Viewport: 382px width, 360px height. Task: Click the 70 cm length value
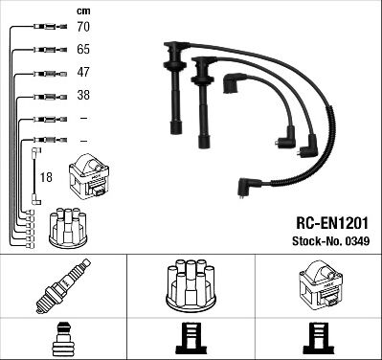click(x=83, y=27)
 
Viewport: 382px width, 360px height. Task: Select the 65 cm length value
click(x=83, y=50)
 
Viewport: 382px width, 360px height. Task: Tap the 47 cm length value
click(x=83, y=72)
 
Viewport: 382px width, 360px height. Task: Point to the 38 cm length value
click(x=83, y=95)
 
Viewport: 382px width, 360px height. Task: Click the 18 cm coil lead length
click(x=46, y=177)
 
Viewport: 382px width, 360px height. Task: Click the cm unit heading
click(x=83, y=11)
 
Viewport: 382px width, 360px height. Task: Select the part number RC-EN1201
click(x=332, y=223)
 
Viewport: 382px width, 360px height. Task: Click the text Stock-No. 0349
click(x=331, y=241)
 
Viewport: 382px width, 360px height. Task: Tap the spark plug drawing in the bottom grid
click(x=63, y=286)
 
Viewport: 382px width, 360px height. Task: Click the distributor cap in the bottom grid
click(x=191, y=286)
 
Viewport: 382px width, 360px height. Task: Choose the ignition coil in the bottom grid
click(x=321, y=284)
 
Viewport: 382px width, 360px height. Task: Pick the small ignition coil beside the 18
click(x=89, y=177)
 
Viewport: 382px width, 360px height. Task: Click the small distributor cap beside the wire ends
click(x=68, y=227)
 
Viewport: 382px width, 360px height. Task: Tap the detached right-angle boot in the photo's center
click(x=233, y=82)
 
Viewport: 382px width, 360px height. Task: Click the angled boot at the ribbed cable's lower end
click(x=249, y=187)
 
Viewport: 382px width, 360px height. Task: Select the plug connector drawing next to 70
click(x=51, y=27)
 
